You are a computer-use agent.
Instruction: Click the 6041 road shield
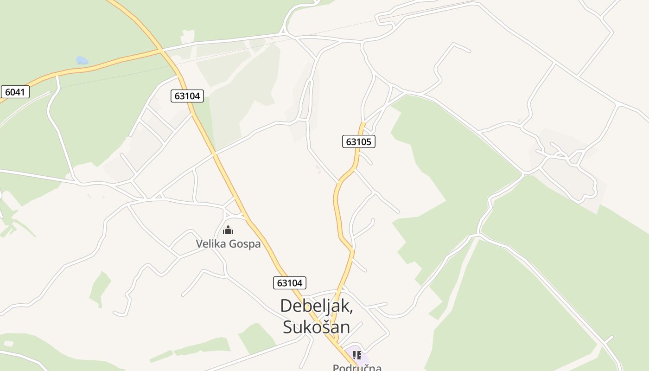click(15, 92)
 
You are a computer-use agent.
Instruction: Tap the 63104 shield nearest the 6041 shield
click(187, 96)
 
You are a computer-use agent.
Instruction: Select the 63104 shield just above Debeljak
click(290, 282)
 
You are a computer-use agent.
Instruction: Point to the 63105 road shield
click(358, 141)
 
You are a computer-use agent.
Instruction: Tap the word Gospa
click(246, 244)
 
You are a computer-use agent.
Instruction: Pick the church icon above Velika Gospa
click(228, 230)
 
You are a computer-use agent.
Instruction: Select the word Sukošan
click(316, 327)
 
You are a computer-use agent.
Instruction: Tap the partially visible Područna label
click(357, 367)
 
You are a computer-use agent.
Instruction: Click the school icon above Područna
click(356, 355)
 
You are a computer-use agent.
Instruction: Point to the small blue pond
click(82, 60)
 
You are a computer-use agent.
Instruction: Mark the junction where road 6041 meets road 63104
click(160, 50)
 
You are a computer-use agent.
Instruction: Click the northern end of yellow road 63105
click(363, 123)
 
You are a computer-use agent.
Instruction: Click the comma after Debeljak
click(351, 312)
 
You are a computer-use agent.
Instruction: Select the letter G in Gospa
click(235, 244)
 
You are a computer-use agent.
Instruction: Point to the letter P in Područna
click(337, 368)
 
